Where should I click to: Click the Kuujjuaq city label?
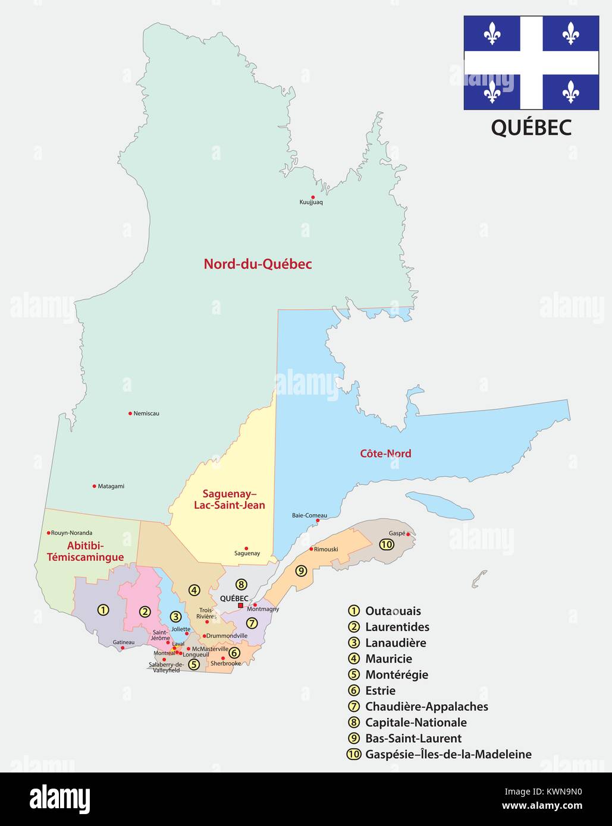coord(311,203)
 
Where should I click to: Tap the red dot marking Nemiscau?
coord(130,413)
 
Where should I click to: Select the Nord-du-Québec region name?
coord(258,264)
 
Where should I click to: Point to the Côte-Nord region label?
coord(385,453)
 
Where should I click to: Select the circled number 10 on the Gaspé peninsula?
coord(387,544)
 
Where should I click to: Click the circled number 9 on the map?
coord(301,571)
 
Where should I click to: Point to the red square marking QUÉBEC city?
coord(240,606)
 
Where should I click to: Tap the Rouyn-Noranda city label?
coord(71,533)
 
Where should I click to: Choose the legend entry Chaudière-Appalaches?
coord(426,707)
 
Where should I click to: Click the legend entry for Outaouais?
coord(393,611)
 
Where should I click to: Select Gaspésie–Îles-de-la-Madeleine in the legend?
coord(448,755)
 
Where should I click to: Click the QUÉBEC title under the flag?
coord(531,127)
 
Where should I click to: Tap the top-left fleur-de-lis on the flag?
coord(492,34)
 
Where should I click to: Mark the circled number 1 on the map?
coord(103,610)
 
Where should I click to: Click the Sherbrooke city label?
coord(226,663)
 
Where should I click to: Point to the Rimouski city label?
coord(326,549)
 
